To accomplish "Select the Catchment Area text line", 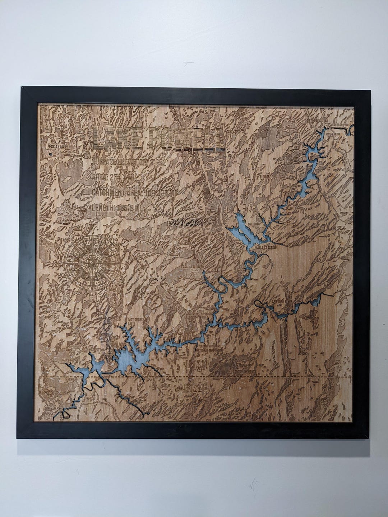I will [135, 193].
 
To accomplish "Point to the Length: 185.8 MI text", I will [116, 207].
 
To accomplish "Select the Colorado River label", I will [341, 125].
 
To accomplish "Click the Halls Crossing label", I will [265, 248].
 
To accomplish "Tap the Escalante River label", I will [192, 267].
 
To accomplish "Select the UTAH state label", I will [196, 365].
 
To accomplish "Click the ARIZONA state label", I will [196, 388].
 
